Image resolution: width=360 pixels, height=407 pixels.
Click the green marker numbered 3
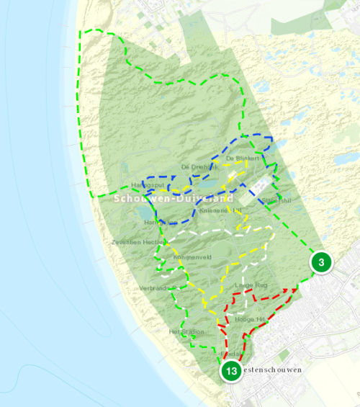(321, 262)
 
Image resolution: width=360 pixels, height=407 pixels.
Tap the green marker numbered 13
(230, 372)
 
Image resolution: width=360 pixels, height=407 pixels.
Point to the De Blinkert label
(241, 158)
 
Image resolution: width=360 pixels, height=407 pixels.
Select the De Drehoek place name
(199, 167)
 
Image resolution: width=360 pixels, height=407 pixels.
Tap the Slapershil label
(277, 200)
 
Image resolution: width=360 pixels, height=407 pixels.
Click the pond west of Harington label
(143, 214)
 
